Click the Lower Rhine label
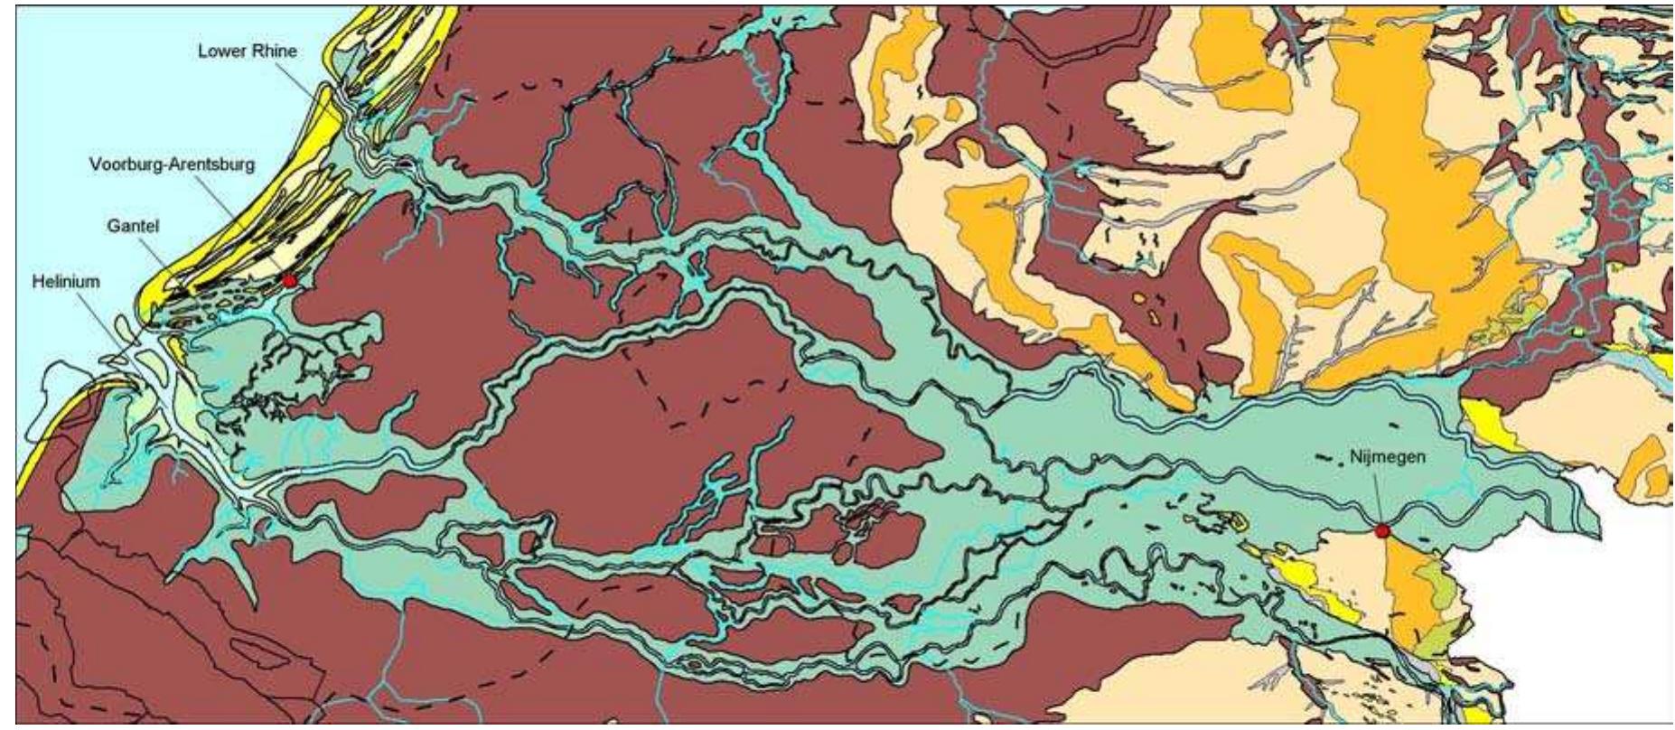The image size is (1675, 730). pos(247,51)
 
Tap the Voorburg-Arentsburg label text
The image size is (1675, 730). pos(172,164)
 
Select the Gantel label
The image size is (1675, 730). pos(133,225)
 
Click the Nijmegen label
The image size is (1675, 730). pos(1388,456)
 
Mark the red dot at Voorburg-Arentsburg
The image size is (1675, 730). pos(289,281)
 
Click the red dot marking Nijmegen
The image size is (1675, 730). pos(1381,530)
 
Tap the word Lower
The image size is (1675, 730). pos(219,51)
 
